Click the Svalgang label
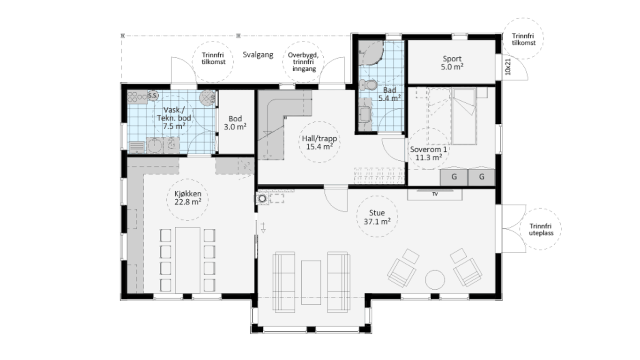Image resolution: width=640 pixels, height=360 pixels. (258, 55)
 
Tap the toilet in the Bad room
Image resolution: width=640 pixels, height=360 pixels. (368, 85)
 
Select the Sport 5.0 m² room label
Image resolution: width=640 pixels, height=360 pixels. (452, 63)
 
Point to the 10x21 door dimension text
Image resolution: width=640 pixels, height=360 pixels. (507, 67)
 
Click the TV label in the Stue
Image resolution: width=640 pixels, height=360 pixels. (435, 194)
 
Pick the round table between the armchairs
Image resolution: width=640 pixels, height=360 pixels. (435, 280)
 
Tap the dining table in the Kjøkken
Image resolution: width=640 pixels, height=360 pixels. (187, 260)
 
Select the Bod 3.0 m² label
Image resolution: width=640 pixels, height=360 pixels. (235, 123)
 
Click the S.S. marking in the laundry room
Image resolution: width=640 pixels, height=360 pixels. (153, 96)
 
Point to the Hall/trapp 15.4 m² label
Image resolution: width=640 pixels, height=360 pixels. (320, 142)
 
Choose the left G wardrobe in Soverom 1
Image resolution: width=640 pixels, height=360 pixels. (454, 177)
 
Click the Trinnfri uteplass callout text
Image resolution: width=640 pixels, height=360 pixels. (541, 229)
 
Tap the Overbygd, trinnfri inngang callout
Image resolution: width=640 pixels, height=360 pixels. (303, 62)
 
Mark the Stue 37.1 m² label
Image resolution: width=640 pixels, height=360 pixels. (377, 217)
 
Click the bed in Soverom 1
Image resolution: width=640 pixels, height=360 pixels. (464, 116)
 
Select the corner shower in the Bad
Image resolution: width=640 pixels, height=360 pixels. (371, 53)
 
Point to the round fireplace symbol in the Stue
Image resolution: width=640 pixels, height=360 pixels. (262, 198)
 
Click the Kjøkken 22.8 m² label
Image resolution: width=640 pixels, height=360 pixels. (188, 198)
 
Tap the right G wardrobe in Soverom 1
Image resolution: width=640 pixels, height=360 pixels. (482, 177)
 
